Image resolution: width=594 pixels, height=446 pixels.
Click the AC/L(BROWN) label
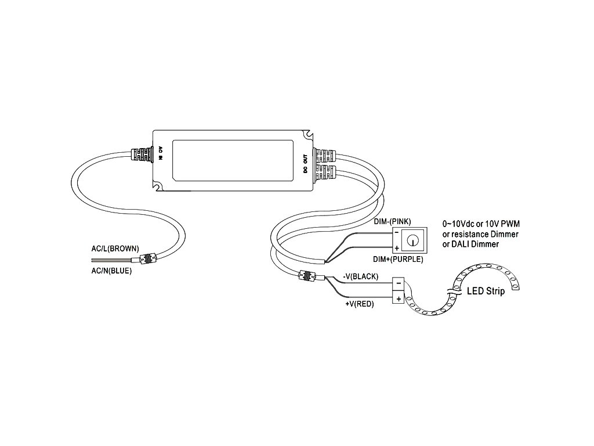click(115, 249)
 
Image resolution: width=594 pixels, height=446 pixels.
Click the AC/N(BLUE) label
click(111, 270)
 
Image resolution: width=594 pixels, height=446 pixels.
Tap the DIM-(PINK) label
click(392, 222)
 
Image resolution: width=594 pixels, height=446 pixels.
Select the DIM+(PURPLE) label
click(398, 259)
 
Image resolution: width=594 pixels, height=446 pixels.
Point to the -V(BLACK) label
click(360, 277)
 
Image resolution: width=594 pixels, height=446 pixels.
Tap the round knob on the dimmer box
click(413, 239)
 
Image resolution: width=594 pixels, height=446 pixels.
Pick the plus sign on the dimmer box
click(396, 248)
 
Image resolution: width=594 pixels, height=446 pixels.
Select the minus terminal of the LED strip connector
click(399, 284)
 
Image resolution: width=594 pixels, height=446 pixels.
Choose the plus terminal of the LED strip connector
click(399, 298)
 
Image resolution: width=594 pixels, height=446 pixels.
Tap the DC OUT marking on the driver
click(305, 162)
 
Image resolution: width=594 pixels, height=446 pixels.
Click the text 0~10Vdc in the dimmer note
click(458, 224)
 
